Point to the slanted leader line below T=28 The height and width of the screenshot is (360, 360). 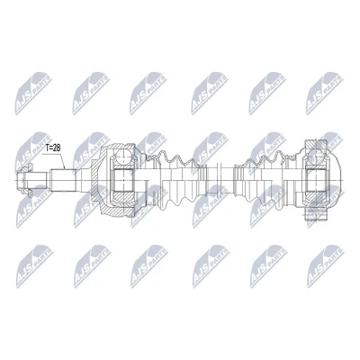(62, 161)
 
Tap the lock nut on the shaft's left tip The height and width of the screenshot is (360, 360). (25, 181)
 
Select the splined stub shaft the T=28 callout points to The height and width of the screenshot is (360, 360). (64, 180)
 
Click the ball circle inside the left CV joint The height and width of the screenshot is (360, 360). (124, 156)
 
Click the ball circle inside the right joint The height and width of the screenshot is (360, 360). (315, 157)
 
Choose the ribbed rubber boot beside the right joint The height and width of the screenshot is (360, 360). (264, 180)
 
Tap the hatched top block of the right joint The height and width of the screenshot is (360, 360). (315, 146)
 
